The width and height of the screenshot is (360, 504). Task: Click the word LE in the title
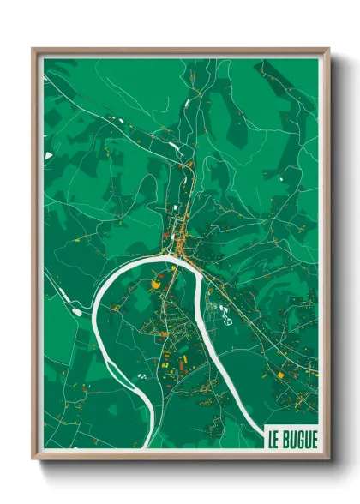pyautogui.click(x=275, y=438)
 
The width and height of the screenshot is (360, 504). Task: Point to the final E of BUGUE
pyautogui.click(x=313, y=438)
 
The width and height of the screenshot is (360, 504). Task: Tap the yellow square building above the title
pyautogui.click(x=279, y=375)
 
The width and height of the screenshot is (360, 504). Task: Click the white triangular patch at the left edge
pyautogui.click(x=50, y=155)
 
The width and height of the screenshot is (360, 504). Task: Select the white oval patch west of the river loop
pyautogui.click(x=77, y=312)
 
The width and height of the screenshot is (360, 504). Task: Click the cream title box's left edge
pyautogui.click(x=266, y=438)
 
